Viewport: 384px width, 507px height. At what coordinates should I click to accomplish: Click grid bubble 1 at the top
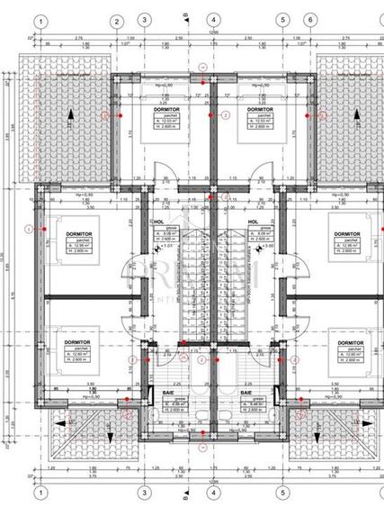click(x=39, y=20)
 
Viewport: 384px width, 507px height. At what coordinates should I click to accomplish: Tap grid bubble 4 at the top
click(x=211, y=20)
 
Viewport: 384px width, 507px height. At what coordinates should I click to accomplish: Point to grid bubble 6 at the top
click(x=309, y=20)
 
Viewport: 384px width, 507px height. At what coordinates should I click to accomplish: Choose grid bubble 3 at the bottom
click(x=143, y=493)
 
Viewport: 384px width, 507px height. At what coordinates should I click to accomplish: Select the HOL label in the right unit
click(x=253, y=220)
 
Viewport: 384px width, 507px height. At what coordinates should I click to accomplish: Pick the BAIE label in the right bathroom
click(x=246, y=394)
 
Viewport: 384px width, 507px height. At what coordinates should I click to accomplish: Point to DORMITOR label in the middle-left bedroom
click(x=80, y=233)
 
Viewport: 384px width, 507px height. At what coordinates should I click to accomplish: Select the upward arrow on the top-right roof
click(x=359, y=113)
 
